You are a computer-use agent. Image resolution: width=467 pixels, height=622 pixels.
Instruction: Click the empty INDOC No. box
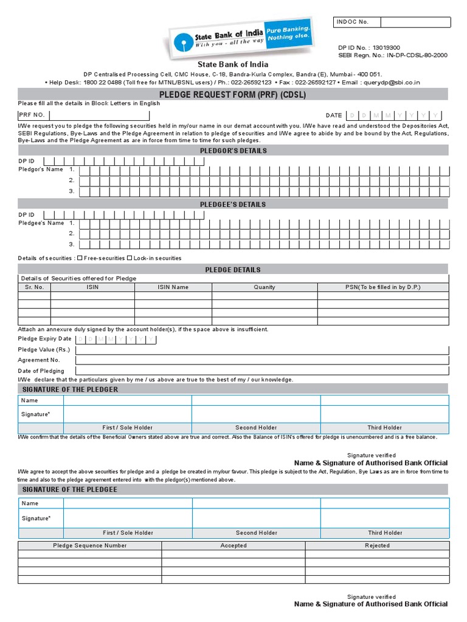click(415, 22)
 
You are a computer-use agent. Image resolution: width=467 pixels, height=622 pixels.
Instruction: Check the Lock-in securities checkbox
click(130, 258)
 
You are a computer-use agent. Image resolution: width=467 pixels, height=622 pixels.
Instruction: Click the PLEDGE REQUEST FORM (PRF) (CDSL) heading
click(233, 94)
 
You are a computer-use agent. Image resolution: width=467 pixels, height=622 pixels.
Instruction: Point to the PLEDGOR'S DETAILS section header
click(233, 151)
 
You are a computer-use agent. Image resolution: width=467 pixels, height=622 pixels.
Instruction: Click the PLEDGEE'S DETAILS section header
click(233, 205)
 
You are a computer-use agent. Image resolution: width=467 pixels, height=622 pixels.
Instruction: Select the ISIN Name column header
click(173, 287)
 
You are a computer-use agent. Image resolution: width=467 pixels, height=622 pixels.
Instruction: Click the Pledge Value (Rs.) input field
click(262, 350)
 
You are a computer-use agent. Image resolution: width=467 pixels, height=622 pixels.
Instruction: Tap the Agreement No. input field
click(262, 360)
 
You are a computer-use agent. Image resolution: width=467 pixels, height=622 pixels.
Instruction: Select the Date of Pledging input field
click(262, 371)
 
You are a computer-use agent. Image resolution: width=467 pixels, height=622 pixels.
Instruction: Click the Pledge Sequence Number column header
click(90, 545)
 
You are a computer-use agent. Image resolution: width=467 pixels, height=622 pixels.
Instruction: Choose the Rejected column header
click(377, 545)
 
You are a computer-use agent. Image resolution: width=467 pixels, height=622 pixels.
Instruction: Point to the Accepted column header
click(233, 545)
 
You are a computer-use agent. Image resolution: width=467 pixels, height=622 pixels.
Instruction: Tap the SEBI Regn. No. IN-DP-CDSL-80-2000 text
click(392, 55)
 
